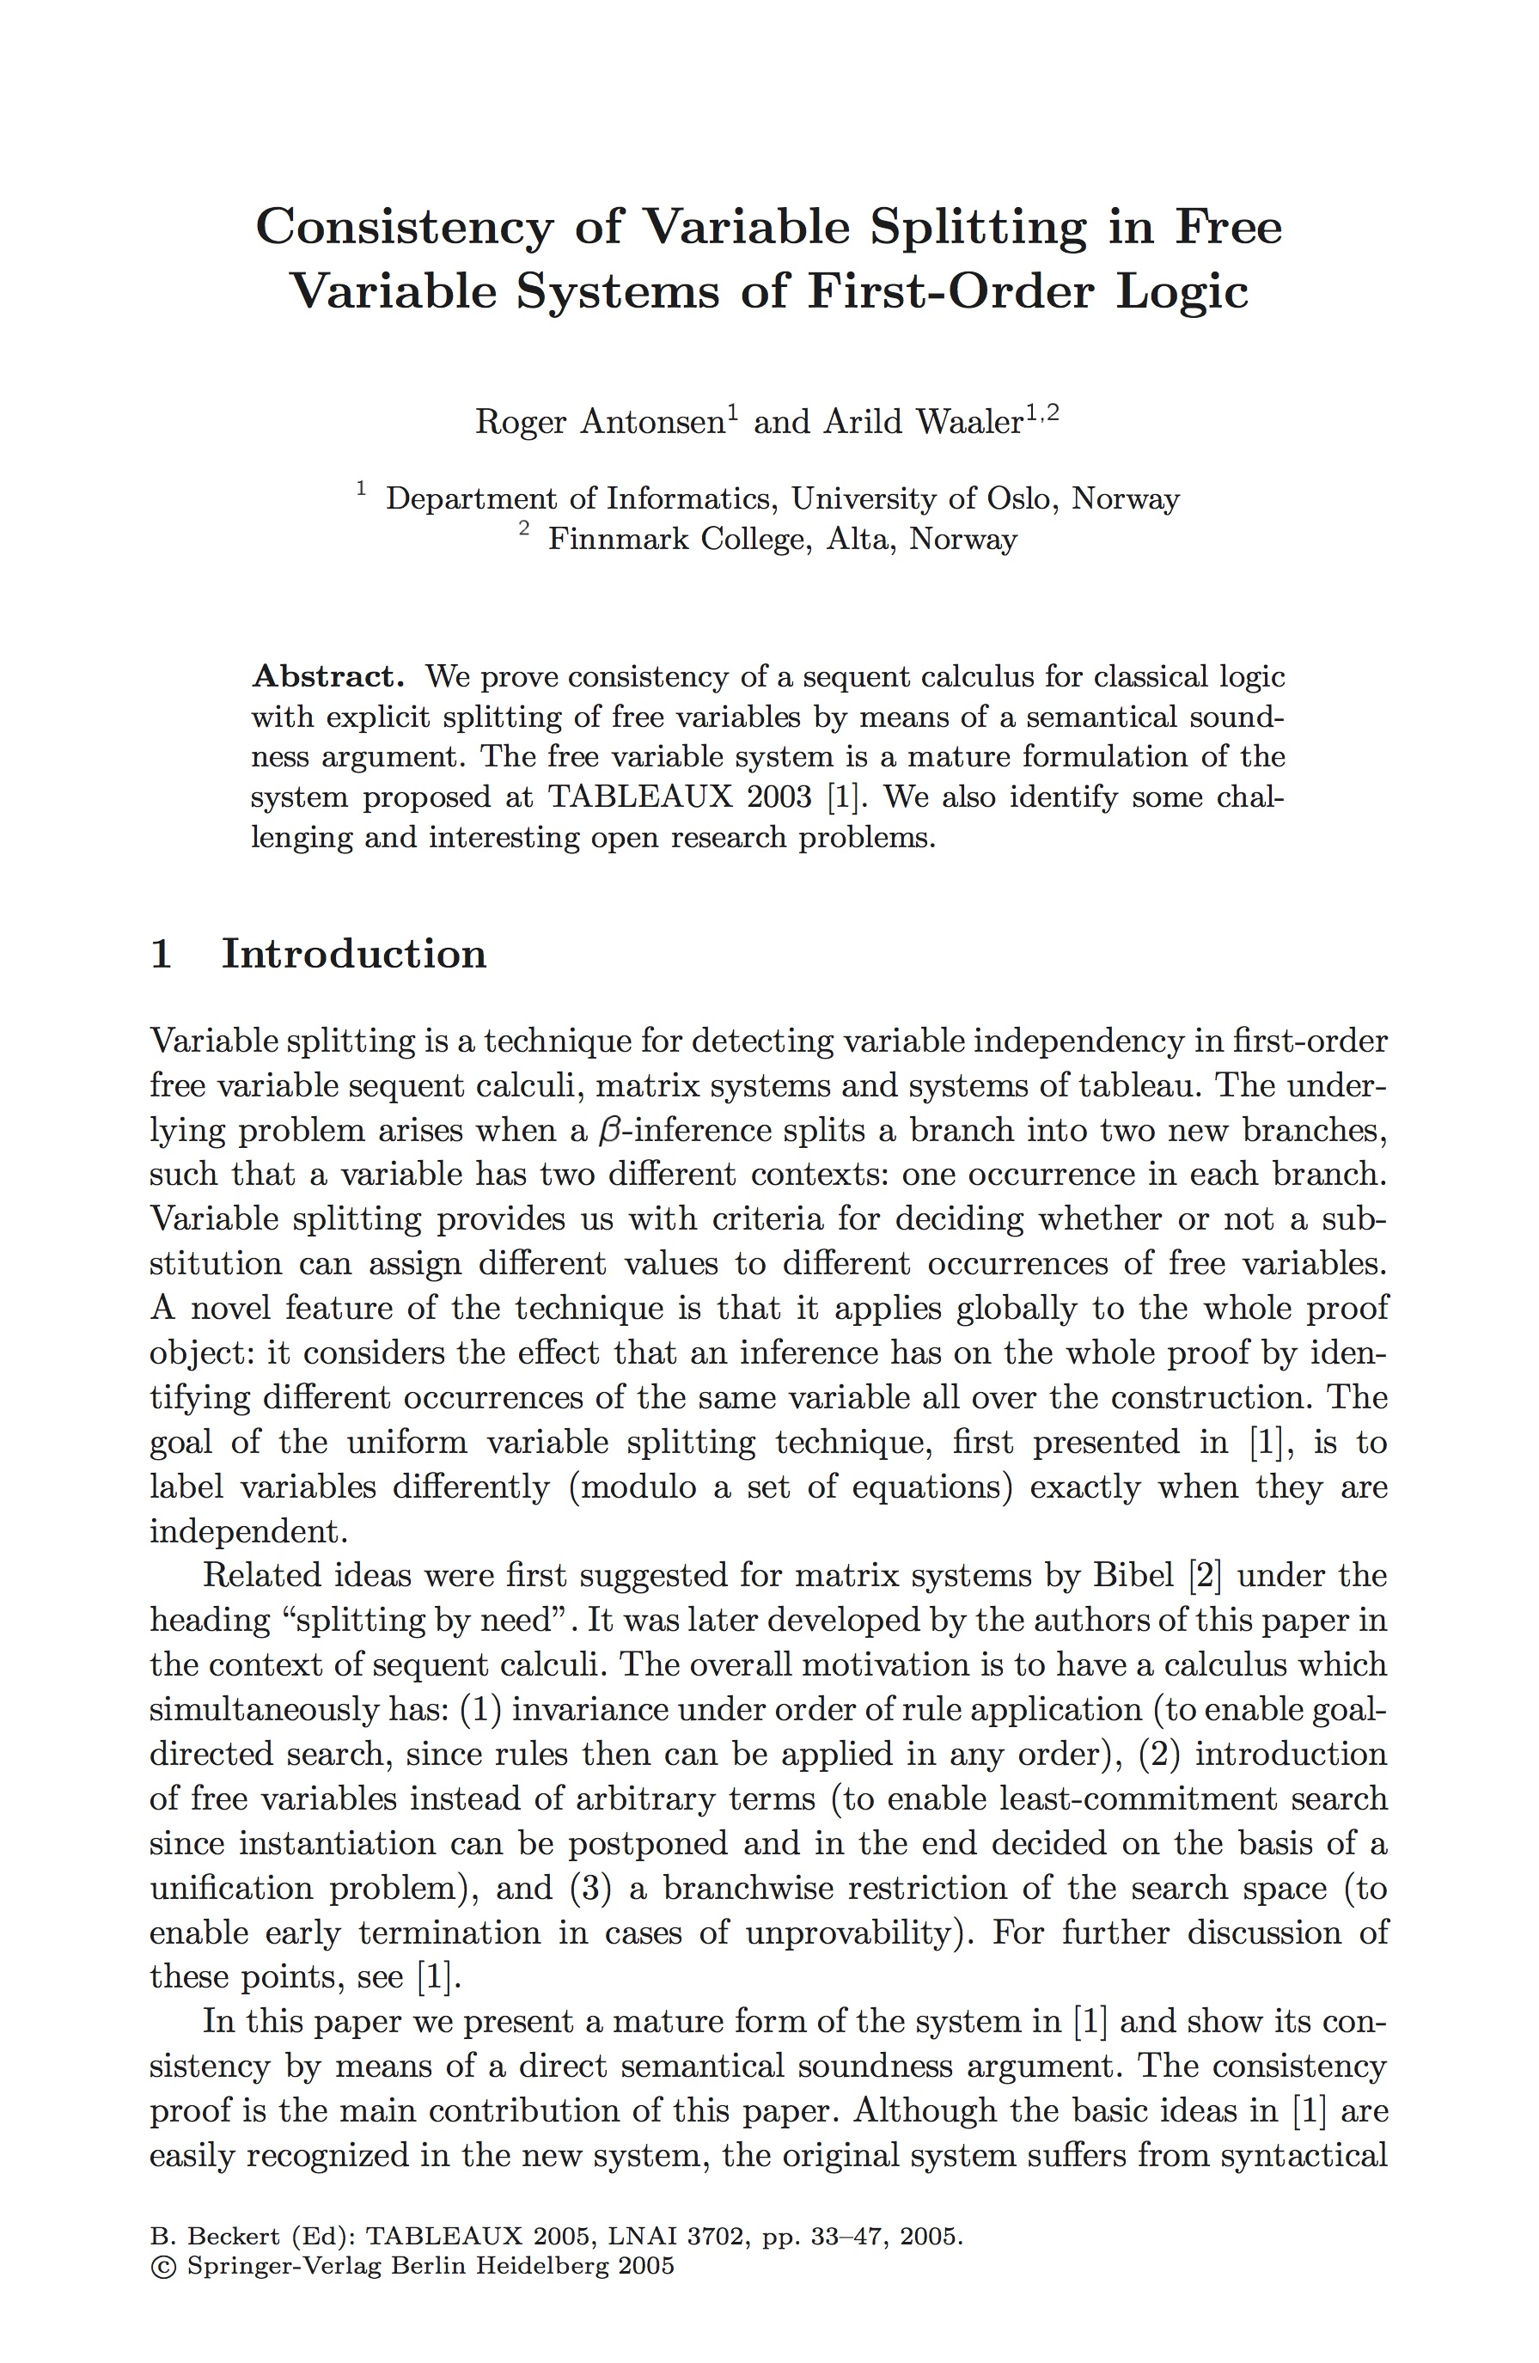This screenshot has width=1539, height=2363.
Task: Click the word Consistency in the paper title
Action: pyautogui.click(x=403, y=228)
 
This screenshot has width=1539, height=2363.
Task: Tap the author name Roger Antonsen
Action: pyautogui.click(x=601, y=422)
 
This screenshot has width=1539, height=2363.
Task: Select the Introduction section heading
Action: pyautogui.click(x=353, y=954)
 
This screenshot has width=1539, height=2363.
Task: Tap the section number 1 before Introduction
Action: pyautogui.click(x=161, y=954)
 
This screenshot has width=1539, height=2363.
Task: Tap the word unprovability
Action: pyautogui.click(x=851, y=1933)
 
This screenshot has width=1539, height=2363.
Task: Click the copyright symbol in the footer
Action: pyautogui.click(x=161, y=2266)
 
